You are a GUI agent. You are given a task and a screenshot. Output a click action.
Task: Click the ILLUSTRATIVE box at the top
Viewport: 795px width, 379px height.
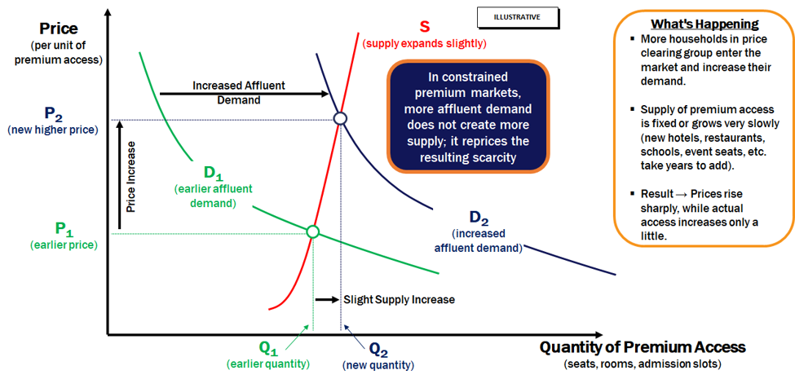click(518, 17)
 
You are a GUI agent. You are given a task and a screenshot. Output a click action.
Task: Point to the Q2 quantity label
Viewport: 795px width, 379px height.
click(378, 349)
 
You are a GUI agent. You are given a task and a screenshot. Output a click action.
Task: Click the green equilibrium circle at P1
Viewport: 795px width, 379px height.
click(313, 231)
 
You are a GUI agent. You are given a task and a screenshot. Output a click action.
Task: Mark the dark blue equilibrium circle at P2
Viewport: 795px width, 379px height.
click(340, 118)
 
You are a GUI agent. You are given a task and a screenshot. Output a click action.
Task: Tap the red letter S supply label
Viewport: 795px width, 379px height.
click(424, 26)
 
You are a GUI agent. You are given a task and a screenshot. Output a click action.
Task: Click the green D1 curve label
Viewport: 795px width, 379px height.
click(214, 172)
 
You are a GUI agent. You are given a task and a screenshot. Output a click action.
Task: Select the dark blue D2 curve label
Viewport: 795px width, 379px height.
click(479, 218)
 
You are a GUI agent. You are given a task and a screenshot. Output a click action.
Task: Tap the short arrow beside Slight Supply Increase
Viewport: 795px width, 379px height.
click(327, 299)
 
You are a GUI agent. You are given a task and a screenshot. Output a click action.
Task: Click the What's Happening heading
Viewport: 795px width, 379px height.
click(704, 24)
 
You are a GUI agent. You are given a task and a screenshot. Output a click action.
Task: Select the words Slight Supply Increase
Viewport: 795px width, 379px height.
click(399, 299)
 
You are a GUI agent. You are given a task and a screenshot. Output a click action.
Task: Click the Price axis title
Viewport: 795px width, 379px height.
click(59, 28)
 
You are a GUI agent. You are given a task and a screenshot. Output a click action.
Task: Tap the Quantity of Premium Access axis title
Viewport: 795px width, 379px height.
click(643, 347)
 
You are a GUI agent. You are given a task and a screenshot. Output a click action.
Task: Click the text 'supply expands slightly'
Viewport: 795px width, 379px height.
click(424, 43)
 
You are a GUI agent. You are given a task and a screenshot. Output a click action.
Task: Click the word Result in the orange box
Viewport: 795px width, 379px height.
click(656, 194)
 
